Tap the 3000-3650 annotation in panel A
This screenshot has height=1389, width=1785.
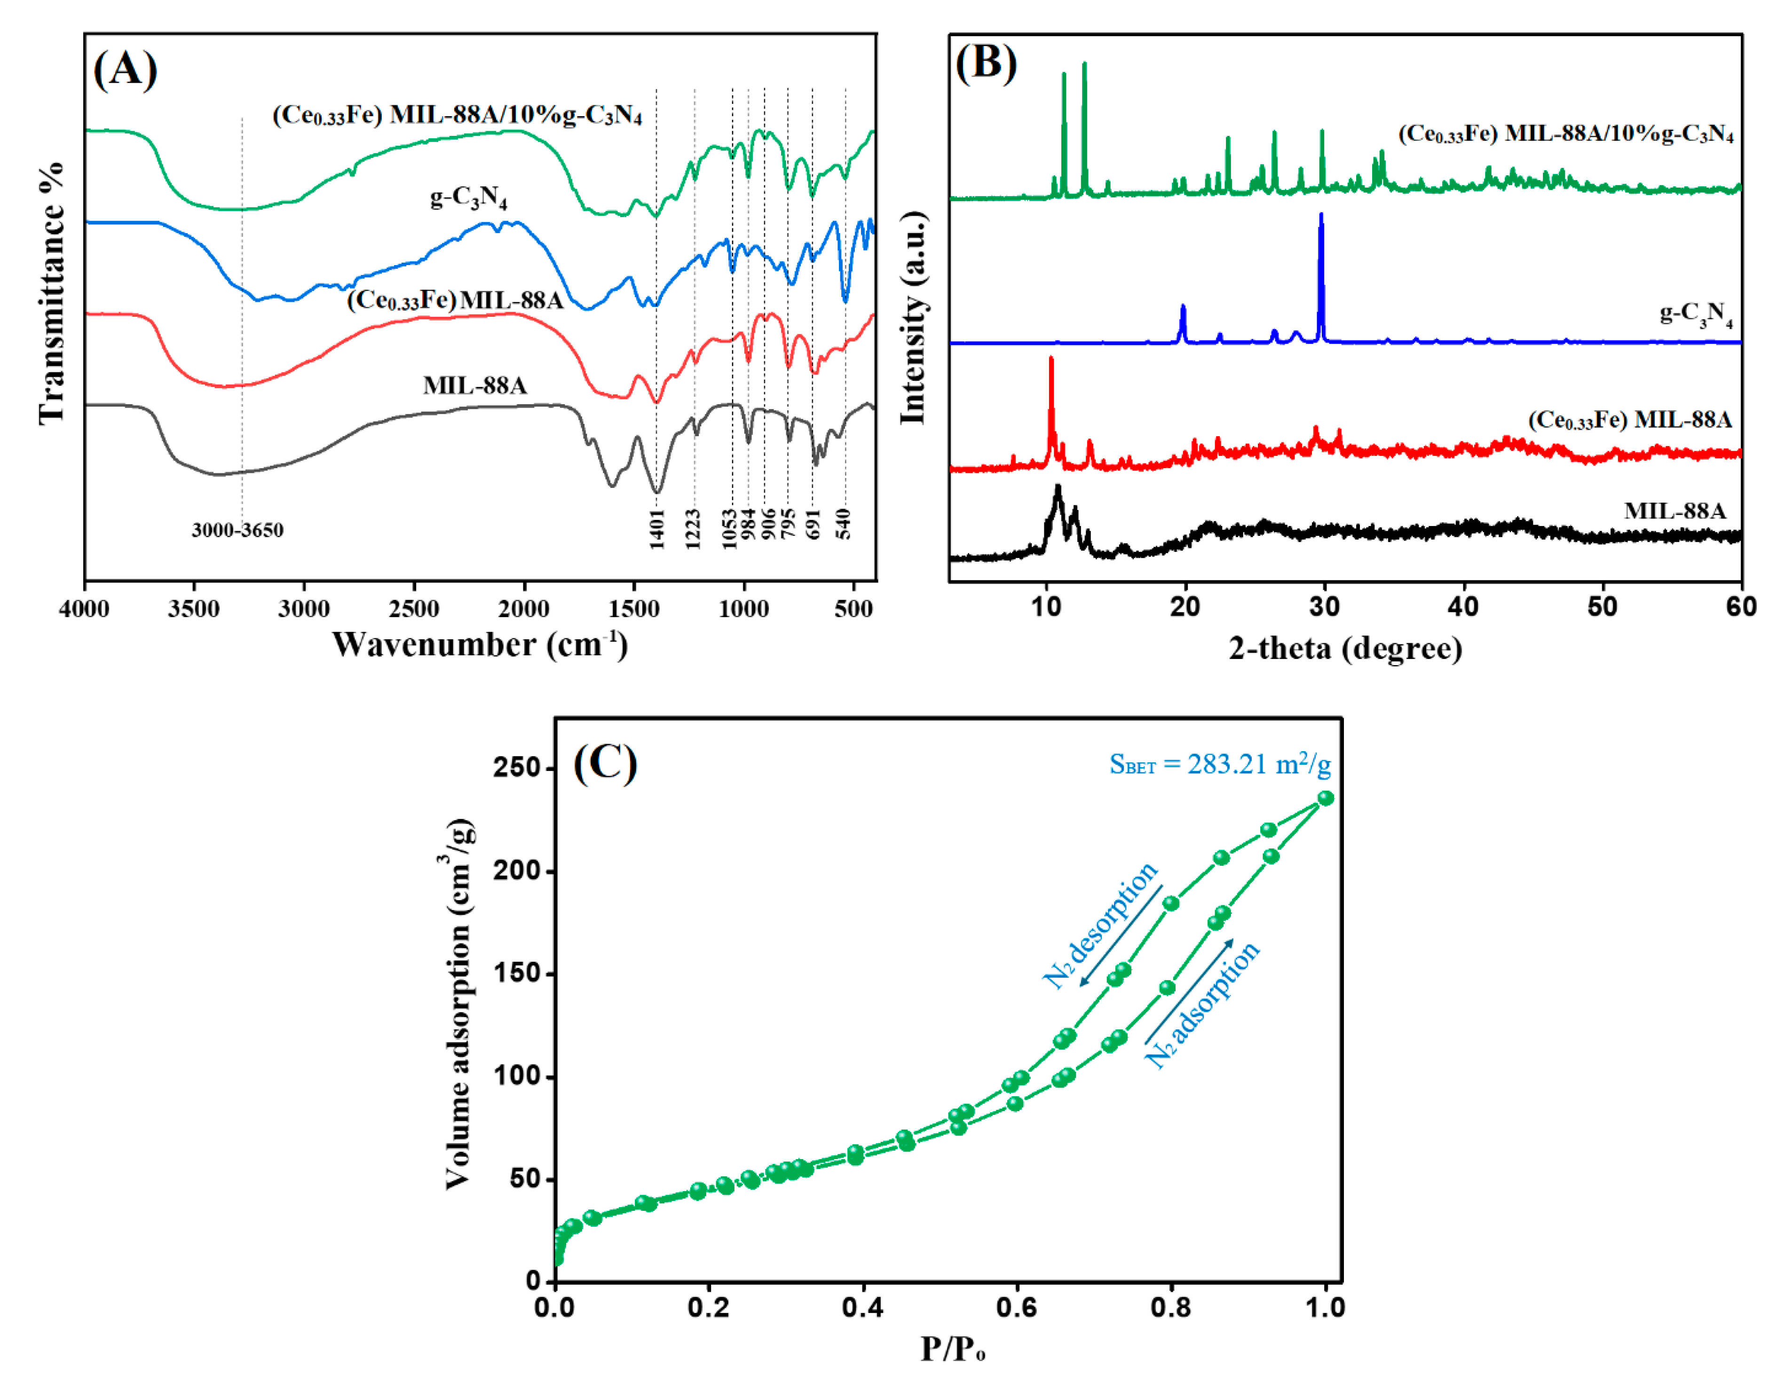pos(237,530)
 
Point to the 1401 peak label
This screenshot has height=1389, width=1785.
pos(657,529)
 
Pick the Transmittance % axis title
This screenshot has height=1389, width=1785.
pos(51,292)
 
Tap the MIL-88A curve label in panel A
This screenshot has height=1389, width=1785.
pos(475,385)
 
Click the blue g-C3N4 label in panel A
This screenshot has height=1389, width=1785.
pos(468,198)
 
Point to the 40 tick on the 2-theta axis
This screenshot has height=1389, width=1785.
pos(1463,606)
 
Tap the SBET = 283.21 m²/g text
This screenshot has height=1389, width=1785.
pos(1219,764)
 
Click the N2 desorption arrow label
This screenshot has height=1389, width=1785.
pos(1100,925)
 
